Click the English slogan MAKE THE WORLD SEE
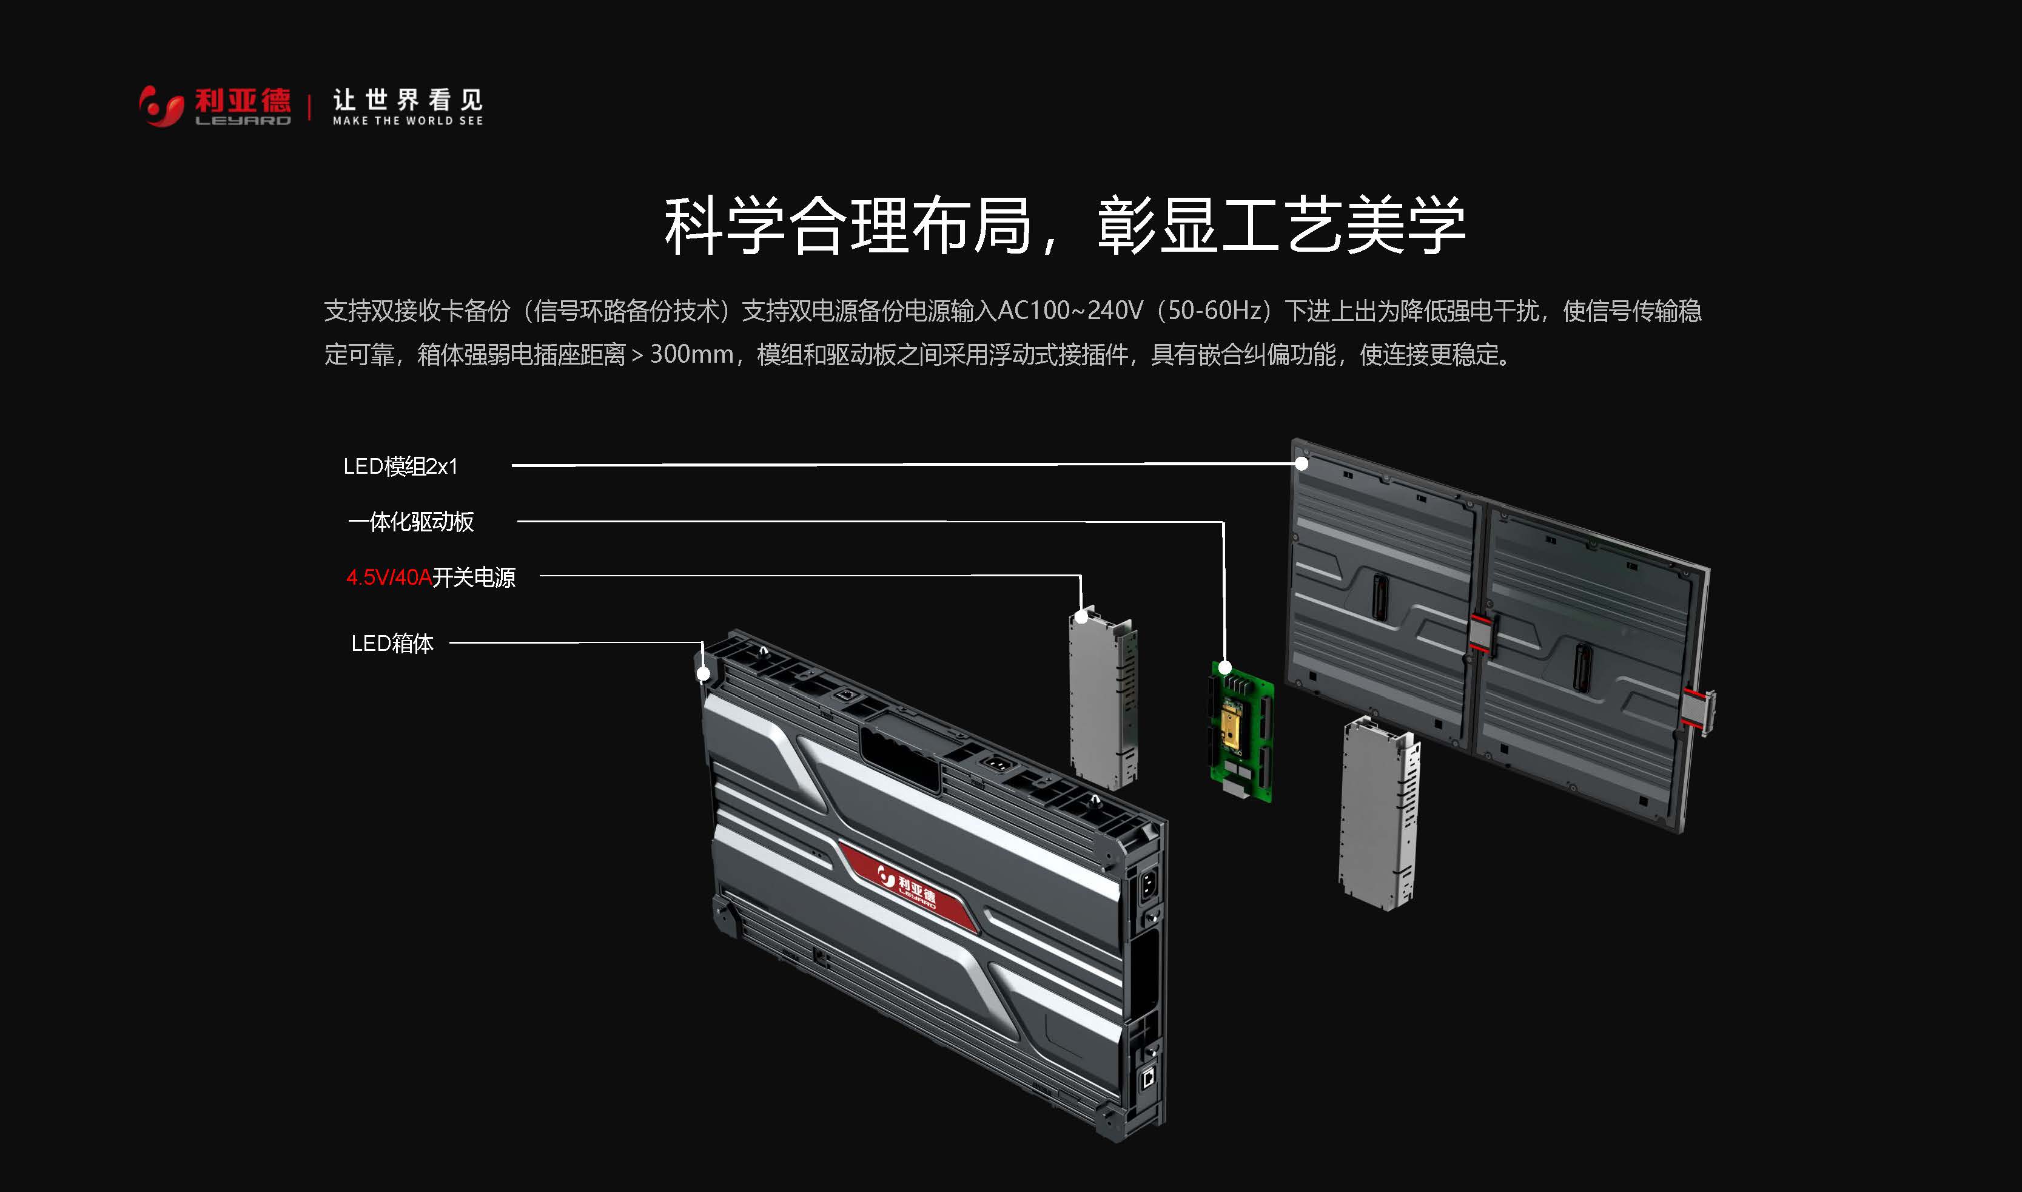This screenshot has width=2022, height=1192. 408,121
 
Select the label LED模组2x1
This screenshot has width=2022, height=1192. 400,466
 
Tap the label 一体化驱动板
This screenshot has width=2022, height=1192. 411,521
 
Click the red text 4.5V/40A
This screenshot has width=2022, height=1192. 389,577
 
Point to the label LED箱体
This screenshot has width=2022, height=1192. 392,642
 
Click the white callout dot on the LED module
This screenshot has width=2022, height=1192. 1302,463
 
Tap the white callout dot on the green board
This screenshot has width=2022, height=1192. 1224,667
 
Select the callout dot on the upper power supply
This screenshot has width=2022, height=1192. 1082,617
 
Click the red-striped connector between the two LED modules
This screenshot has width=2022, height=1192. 1480,632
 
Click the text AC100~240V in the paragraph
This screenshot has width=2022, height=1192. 1069,311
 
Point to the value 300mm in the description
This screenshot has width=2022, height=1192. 691,354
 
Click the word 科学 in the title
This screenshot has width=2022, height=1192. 723,226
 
